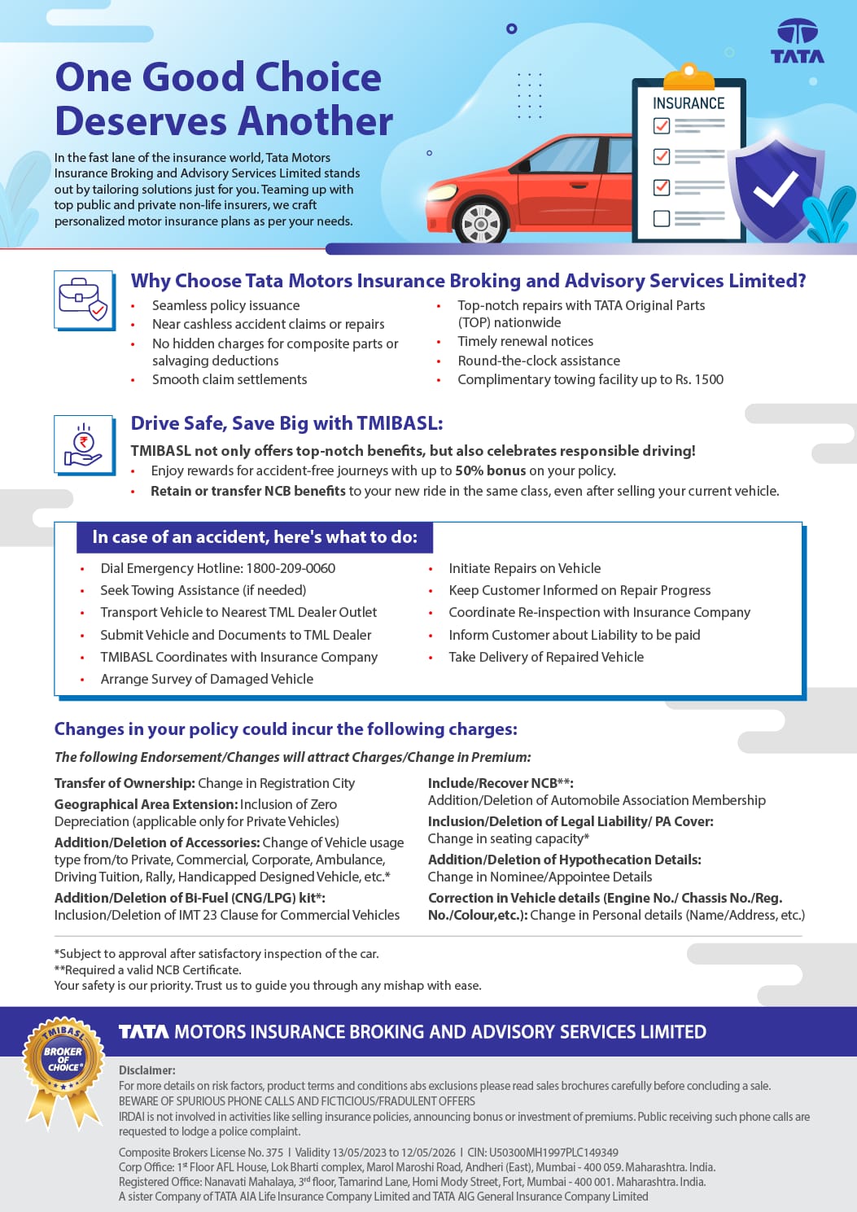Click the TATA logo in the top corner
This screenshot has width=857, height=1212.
point(797,42)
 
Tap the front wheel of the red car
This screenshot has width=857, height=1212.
point(481,223)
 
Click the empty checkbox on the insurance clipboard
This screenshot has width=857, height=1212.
point(662,218)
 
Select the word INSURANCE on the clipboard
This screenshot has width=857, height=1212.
point(689,103)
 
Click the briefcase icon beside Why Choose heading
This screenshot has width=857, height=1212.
point(84,300)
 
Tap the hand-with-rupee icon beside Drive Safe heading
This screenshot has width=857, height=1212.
point(84,444)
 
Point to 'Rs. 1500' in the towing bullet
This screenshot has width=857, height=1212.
point(699,379)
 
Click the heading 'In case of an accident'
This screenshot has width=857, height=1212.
point(255,537)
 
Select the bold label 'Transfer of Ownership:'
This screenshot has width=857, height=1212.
point(125,783)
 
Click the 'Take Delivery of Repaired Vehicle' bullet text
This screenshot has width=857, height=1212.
point(546,657)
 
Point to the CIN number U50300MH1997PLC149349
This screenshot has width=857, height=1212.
point(553,1153)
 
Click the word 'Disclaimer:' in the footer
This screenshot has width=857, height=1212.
point(147,1070)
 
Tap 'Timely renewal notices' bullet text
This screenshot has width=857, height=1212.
point(526,341)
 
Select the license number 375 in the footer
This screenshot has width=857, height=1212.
point(274,1153)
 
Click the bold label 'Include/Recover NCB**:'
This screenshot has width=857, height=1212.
point(501,783)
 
